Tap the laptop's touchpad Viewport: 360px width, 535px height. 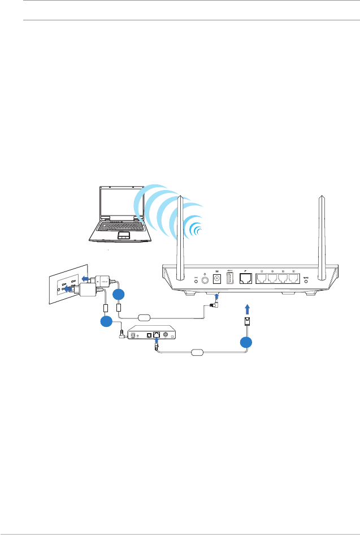point(124,235)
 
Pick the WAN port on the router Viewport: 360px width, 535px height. point(246,279)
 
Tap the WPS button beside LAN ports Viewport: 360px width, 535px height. point(307,279)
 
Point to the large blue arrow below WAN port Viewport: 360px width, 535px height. point(246,309)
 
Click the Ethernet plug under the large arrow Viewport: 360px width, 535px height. point(246,322)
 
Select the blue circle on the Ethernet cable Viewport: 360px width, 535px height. point(245,343)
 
